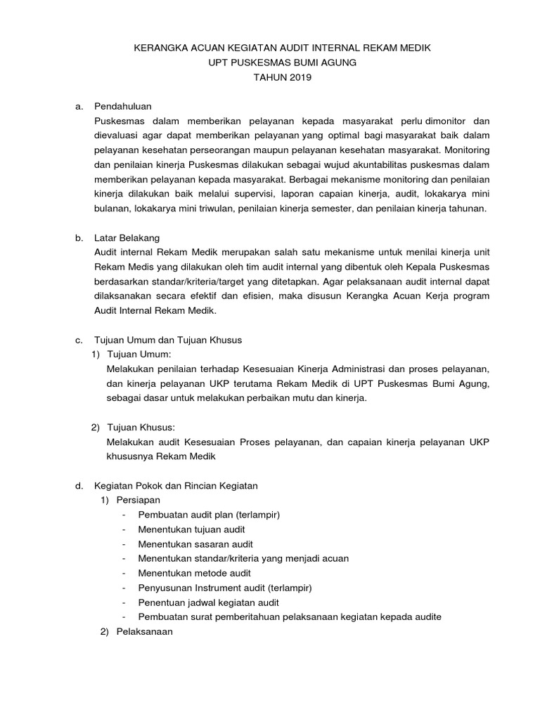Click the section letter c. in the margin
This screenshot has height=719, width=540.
79,339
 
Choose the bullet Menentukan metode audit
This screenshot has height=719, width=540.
193,573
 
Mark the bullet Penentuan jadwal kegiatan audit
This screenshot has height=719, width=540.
209,602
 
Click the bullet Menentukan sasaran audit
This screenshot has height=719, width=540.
195,544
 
